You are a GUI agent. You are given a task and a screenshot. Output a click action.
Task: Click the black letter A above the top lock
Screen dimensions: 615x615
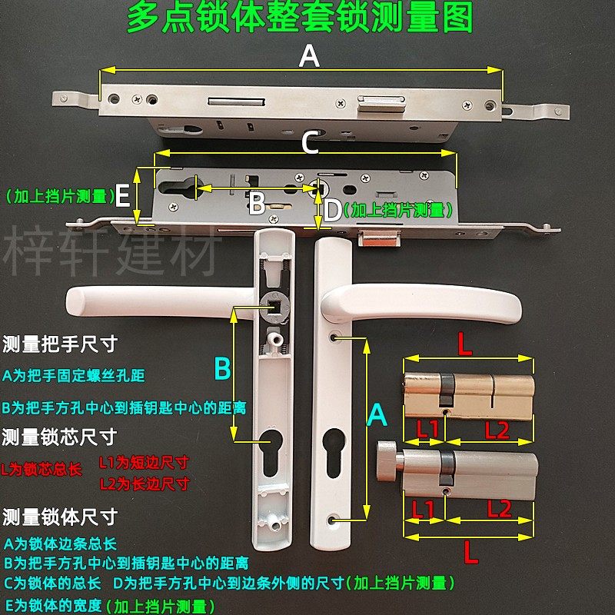[308, 56]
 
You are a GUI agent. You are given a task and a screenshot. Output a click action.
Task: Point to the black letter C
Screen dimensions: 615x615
[309, 143]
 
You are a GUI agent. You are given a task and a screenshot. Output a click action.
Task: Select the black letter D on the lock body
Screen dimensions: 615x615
[331, 211]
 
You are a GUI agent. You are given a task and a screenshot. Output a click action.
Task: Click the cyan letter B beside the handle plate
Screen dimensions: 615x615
[221, 370]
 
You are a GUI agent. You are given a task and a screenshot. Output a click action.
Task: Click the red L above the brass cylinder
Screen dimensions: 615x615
[465, 345]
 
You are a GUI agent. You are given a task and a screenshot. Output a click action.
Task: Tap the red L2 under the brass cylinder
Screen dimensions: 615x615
[497, 430]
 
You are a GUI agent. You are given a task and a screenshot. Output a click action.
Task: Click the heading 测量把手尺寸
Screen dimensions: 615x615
[60, 343]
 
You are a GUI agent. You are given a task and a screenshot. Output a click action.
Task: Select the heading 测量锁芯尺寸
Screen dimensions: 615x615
[60, 437]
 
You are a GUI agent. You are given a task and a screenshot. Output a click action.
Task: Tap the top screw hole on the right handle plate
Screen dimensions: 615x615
[335, 337]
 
